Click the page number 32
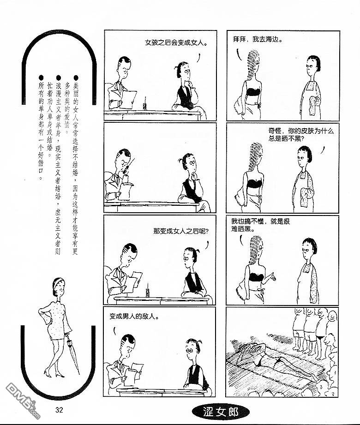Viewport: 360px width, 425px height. point(59,410)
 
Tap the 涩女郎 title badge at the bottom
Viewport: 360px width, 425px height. point(221,412)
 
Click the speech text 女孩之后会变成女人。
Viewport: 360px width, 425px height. point(176,43)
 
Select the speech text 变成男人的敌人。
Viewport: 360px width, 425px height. point(134,316)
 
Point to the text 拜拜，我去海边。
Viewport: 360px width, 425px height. point(258,39)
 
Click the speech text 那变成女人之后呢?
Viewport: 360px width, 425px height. point(181,231)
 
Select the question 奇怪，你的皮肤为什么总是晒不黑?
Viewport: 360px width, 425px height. point(301,135)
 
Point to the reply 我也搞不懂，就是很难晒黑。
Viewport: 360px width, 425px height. point(260,225)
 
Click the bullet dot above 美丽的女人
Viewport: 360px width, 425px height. point(76,78)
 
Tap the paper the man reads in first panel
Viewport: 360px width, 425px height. point(127,99)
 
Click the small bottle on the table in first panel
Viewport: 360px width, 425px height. point(145,105)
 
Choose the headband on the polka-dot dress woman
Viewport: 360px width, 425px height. point(58,282)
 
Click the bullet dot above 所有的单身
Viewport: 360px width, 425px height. point(41,78)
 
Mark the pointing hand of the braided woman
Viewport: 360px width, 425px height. point(271,277)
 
